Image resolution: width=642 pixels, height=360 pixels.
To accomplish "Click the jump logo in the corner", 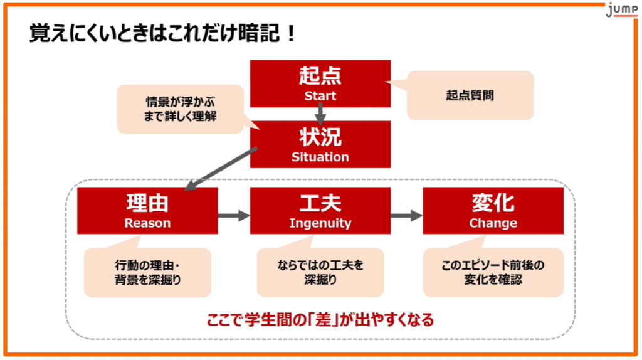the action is point(621,9).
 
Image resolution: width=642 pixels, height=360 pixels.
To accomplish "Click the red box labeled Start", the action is point(320,83).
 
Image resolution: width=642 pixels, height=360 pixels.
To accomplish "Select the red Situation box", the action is point(320,144).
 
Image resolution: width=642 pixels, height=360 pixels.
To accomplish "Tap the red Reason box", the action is point(147,211).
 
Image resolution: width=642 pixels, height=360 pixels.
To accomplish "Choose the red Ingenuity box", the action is point(320,211).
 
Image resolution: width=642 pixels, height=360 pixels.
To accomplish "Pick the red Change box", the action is point(493,211).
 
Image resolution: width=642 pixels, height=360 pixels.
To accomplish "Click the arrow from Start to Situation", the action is point(320,114).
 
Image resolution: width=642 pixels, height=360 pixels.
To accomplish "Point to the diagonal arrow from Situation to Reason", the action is point(221,169).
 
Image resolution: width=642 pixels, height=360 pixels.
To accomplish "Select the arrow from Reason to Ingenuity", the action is point(234,215).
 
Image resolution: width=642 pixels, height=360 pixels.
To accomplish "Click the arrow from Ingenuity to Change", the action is point(406,215).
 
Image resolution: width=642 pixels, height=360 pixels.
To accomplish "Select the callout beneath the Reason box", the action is point(147,270).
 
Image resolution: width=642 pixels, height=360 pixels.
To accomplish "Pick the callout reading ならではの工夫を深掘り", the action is point(320,270).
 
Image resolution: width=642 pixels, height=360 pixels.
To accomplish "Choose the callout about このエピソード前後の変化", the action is point(493,270).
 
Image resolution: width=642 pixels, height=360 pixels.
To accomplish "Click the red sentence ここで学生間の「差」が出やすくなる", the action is point(320,320).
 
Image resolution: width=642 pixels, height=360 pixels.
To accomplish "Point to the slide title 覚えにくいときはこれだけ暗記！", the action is point(162,33).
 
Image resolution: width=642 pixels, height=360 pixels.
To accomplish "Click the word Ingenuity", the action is point(320,223).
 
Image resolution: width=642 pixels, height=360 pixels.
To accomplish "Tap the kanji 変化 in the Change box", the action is point(493,203).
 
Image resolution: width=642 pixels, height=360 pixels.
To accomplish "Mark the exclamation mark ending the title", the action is point(291,33).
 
